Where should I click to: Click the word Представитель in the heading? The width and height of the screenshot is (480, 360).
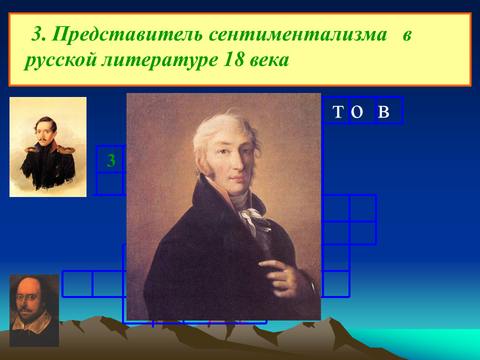(x=126, y=35)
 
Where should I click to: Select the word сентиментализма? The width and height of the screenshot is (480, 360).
(x=298, y=35)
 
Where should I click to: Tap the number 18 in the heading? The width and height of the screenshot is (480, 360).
(x=233, y=60)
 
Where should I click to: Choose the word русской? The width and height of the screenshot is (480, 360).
(x=60, y=61)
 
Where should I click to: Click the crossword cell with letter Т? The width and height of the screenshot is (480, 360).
(x=336, y=110)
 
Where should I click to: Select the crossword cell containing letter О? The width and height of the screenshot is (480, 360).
(x=362, y=110)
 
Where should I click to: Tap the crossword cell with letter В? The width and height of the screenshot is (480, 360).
(x=389, y=110)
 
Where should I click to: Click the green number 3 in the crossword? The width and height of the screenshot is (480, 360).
(x=111, y=160)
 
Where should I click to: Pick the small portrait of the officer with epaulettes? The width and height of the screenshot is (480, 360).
(x=48, y=147)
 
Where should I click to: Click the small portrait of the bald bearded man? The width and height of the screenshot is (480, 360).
(x=34, y=310)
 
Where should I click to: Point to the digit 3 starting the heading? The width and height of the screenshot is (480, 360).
(x=37, y=35)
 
